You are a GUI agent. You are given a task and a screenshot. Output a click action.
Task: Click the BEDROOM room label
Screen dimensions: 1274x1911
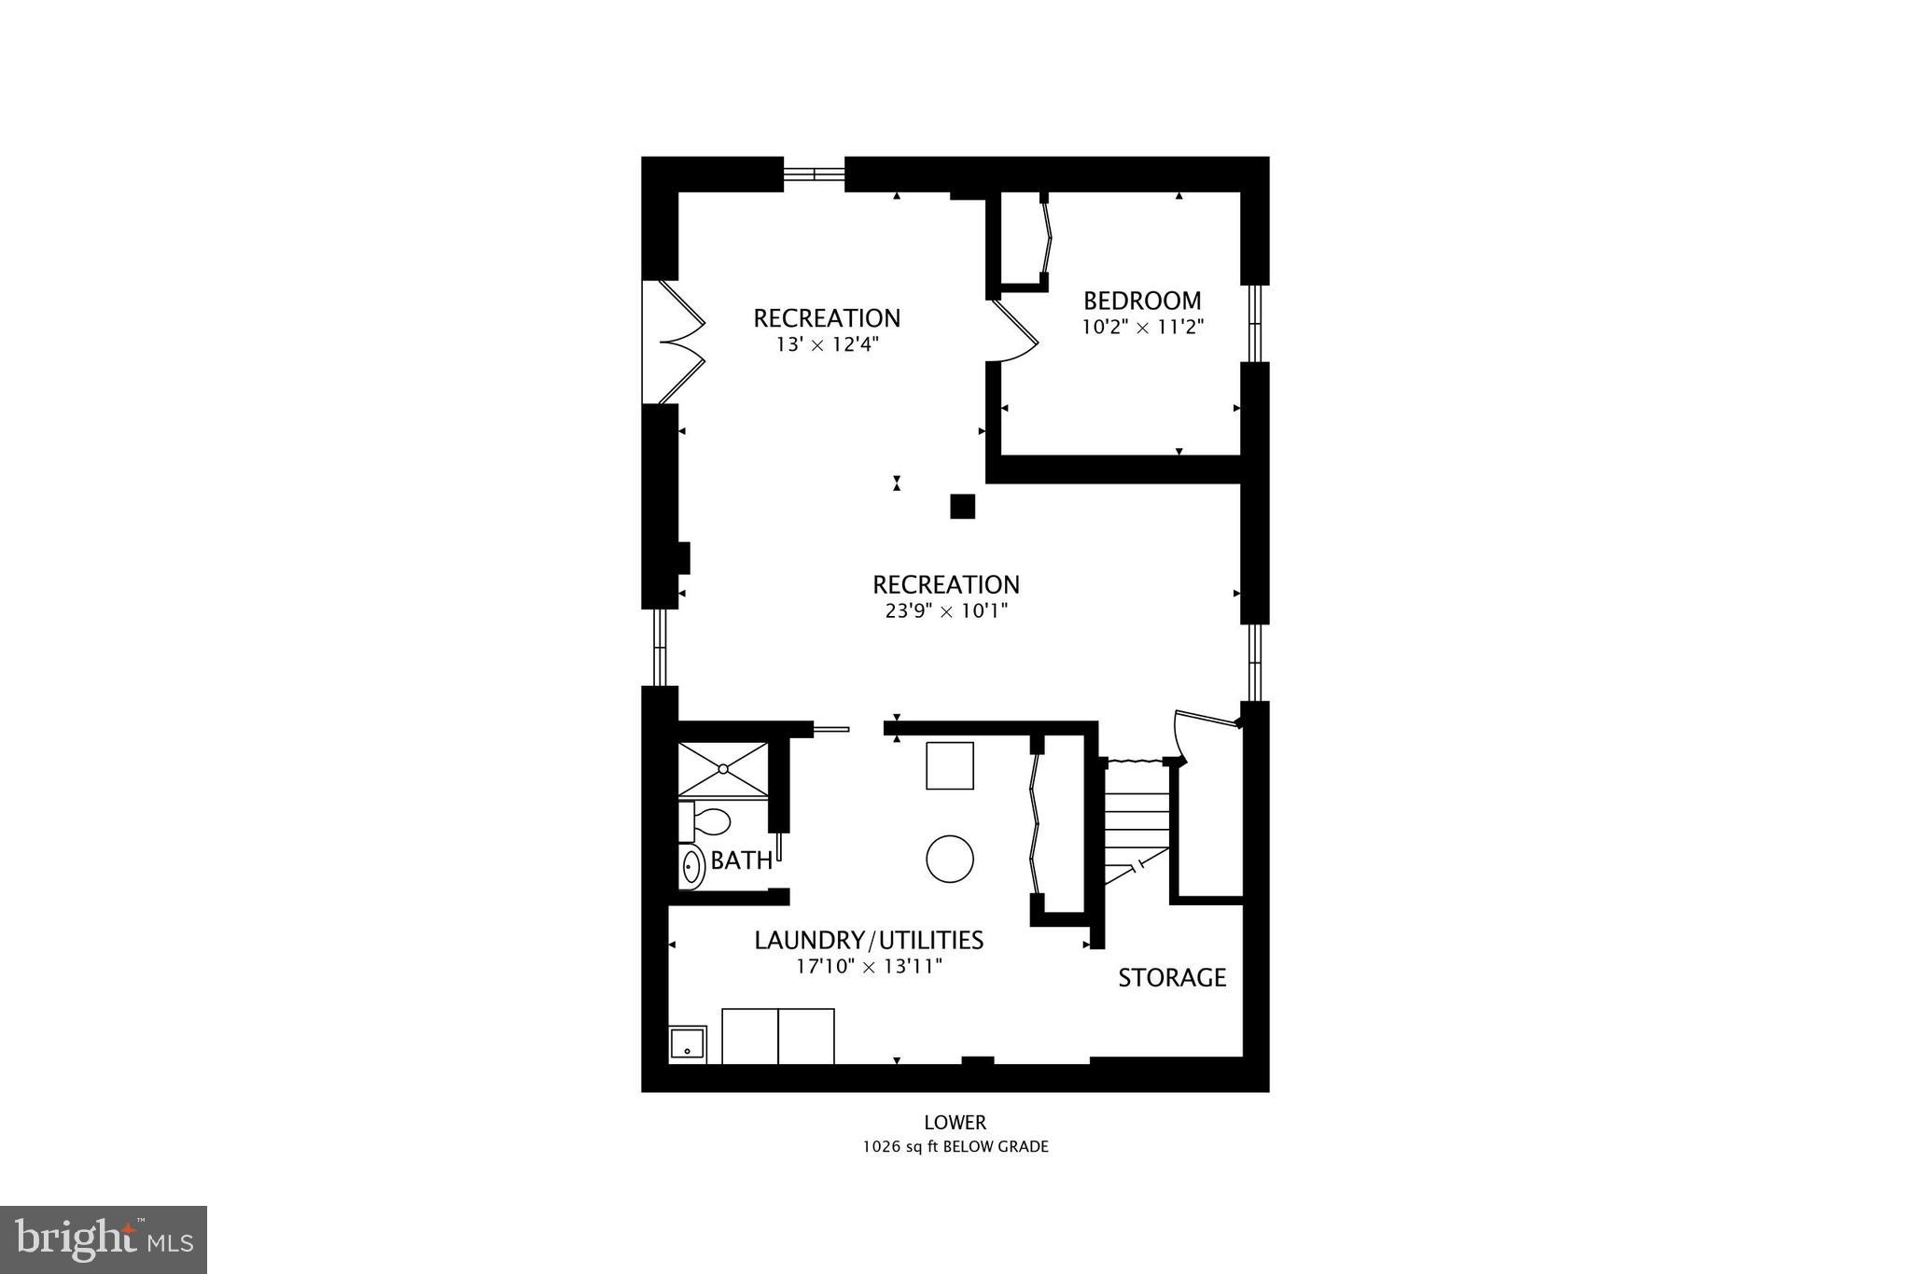tap(1142, 301)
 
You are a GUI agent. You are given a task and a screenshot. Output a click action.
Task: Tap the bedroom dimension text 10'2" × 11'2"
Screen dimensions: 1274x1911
tap(1143, 328)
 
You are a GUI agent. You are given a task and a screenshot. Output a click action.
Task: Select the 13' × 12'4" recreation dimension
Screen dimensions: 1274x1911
tap(827, 344)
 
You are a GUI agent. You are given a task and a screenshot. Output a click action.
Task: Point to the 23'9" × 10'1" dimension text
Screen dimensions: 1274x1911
tap(945, 611)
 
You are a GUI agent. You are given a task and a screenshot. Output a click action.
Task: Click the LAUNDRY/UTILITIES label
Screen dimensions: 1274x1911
tap(869, 940)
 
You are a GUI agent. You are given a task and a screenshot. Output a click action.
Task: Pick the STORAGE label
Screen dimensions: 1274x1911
tap(1172, 978)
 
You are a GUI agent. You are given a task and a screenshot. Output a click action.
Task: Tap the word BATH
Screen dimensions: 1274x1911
tap(741, 861)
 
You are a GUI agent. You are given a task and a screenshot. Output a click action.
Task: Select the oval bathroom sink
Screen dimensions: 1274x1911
tap(691, 867)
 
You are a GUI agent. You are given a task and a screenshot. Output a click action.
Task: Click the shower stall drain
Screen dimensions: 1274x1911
tap(723, 769)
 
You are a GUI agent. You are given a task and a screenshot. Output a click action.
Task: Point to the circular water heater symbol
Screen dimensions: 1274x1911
tap(950, 858)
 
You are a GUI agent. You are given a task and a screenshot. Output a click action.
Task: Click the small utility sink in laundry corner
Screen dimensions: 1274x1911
tap(688, 1043)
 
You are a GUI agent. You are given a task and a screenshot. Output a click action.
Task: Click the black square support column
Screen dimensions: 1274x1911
tap(962, 506)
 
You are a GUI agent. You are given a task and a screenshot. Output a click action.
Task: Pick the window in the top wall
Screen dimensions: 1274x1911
tap(814, 174)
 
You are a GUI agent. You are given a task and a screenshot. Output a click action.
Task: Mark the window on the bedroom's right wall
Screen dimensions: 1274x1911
tap(1255, 323)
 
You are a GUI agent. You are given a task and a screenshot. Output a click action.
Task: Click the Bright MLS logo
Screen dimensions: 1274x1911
tap(104, 1239)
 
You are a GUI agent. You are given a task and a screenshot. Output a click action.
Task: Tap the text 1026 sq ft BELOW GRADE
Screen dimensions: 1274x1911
tap(955, 1147)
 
